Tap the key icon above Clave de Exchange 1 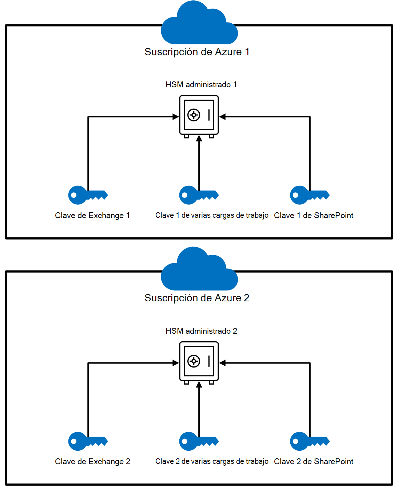87,195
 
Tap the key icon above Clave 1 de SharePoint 309,195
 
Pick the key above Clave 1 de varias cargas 198,195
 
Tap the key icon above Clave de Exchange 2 87,441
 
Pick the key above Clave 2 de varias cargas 198,441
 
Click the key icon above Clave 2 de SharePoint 309,441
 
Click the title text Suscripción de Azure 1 197,52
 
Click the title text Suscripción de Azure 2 197,298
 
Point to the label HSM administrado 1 201,85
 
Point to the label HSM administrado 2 201,331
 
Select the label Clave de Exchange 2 92,462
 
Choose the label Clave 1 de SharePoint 314,216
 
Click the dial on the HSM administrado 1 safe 194,115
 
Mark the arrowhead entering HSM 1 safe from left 176,117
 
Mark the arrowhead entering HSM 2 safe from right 223,363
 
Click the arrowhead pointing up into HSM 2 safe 199,385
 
